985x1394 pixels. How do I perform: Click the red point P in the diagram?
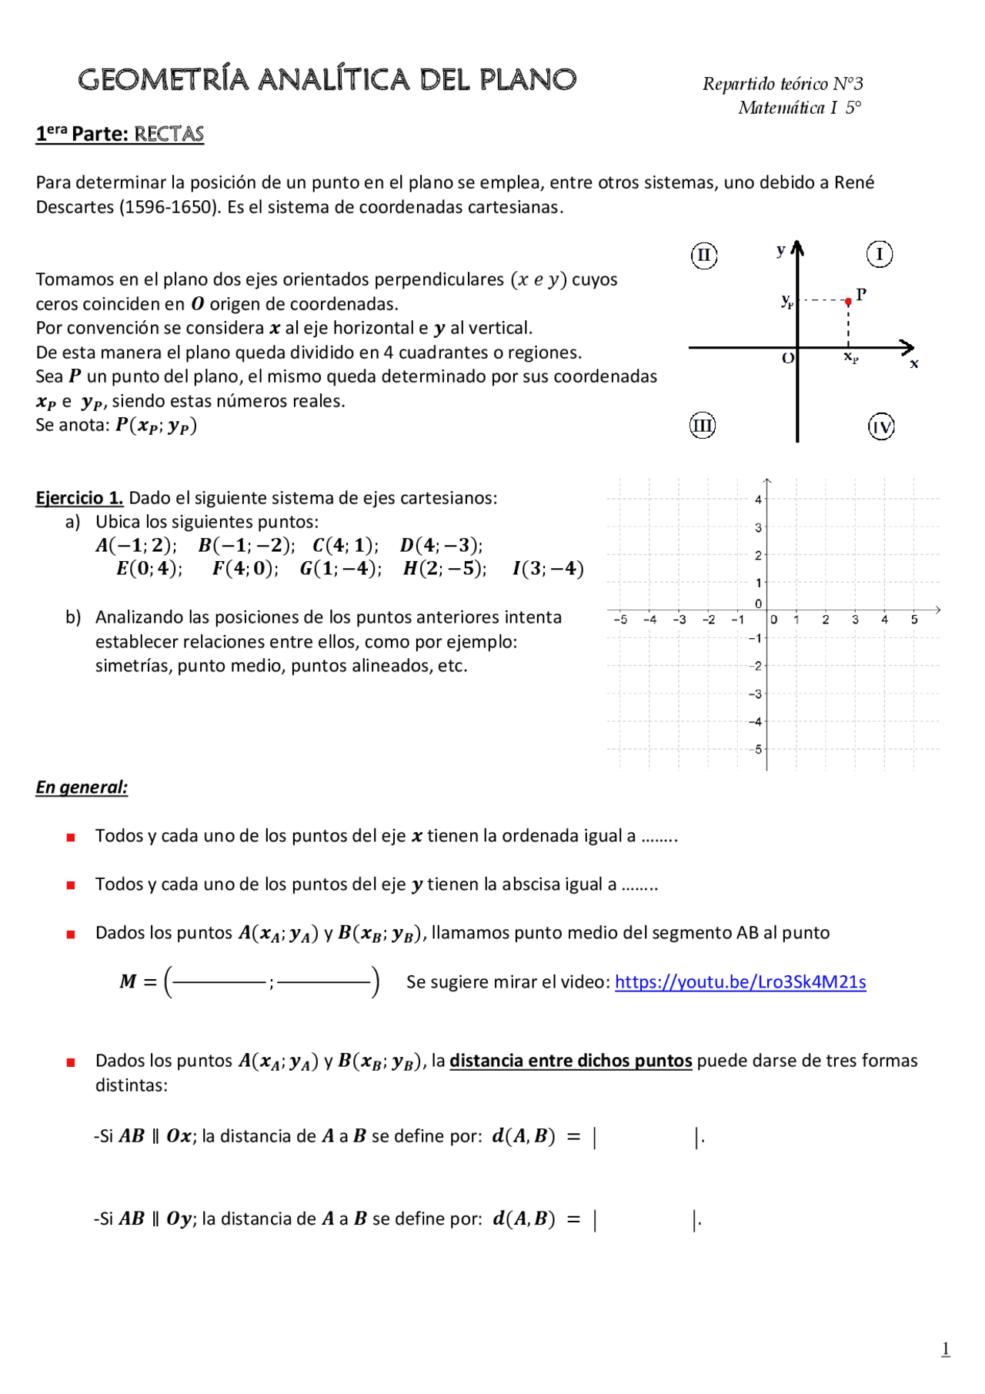point(848,302)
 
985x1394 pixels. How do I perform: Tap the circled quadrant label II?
point(704,256)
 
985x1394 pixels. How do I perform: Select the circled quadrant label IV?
point(881,426)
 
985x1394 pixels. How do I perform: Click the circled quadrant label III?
point(702,425)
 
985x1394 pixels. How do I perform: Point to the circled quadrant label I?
point(880,254)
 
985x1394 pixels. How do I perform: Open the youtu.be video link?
point(740,981)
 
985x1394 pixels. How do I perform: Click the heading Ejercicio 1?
point(79,498)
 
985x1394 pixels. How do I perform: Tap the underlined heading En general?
point(82,787)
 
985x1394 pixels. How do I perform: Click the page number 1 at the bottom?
point(946,1349)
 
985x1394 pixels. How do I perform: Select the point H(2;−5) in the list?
point(445,569)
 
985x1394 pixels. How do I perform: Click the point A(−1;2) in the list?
point(136,546)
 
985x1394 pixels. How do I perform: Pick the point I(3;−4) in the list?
point(548,569)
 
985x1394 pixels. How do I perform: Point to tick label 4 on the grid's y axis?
point(758,500)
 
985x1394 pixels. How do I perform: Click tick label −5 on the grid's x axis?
point(620,620)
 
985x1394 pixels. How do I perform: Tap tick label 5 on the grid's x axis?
point(914,620)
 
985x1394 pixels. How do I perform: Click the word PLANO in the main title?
point(528,80)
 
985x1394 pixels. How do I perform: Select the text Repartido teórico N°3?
point(783,84)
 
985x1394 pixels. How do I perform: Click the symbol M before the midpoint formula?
point(128,981)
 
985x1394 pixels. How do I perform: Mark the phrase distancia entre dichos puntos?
point(570,1061)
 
